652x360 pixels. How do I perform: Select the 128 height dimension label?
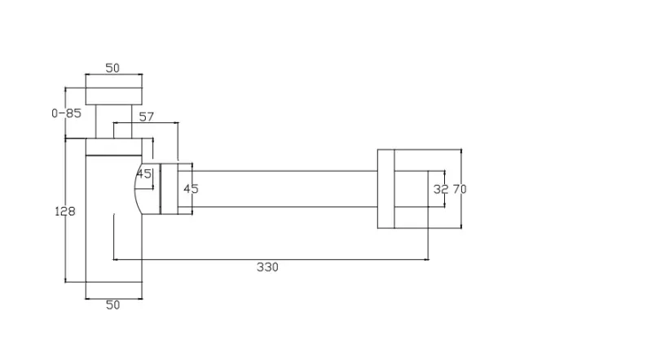coord(66,212)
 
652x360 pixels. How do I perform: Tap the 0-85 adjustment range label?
coord(66,113)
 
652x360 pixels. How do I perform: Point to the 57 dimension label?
coord(147,117)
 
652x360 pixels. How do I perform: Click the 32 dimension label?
coord(441,189)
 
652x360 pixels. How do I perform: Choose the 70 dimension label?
coord(460,189)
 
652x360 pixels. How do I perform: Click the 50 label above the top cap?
coord(113,68)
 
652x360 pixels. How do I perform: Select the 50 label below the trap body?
coord(113,305)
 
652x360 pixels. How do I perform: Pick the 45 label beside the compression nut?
coord(191,189)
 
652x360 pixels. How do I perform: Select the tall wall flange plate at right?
coord(386,189)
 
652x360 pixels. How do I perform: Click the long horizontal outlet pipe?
coord(285,189)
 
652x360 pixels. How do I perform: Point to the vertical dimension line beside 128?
coord(65,244)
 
